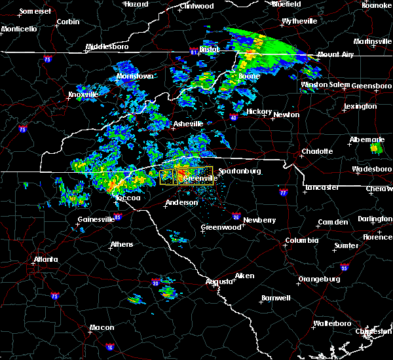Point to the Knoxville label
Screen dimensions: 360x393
tap(83, 95)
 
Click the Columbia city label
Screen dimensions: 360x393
tap(302, 240)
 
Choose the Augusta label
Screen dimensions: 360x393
tap(219, 281)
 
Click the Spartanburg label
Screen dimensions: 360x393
tap(238, 171)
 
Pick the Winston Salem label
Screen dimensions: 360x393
tap(322, 84)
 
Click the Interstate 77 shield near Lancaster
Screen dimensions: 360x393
tap(283, 194)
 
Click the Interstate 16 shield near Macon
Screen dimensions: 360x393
tap(110, 347)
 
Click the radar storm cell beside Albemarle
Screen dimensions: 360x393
tap(376, 149)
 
